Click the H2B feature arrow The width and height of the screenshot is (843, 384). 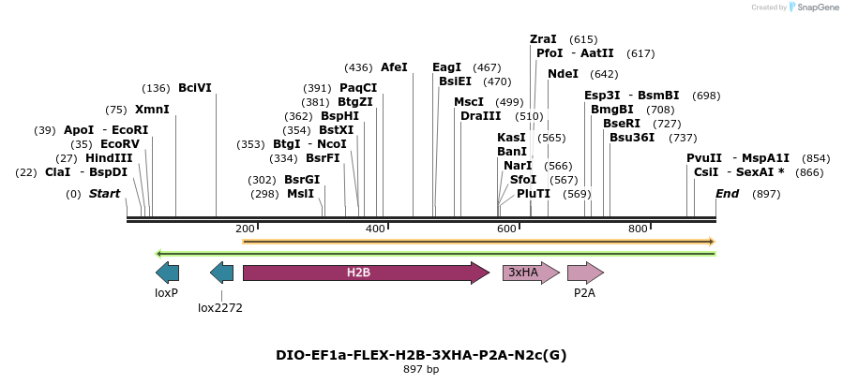pyautogui.click(x=366, y=273)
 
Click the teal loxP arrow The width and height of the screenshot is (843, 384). pyautogui.click(x=167, y=273)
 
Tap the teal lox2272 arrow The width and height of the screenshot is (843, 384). pyautogui.click(x=222, y=273)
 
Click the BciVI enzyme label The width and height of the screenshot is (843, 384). pyautogui.click(x=195, y=88)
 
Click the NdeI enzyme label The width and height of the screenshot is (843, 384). pyautogui.click(x=564, y=74)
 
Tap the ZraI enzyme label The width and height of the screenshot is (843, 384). pyautogui.click(x=543, y=39)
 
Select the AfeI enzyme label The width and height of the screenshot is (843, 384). pyautogui.click(x=394, y=67)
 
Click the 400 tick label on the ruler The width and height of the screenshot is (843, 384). pyautogui.click(x=376, y=229)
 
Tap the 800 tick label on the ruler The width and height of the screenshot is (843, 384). pyautogui.click(x=639, y=229)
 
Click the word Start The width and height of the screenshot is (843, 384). pyautogui.click(x=105, y=194)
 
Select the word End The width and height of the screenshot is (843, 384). pyautogui.click(x=727, y=194)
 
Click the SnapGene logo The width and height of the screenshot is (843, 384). pyautogui.click(x=812, y=7)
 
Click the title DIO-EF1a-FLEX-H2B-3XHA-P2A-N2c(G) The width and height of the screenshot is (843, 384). pyautogui.click(x=421, y=355)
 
